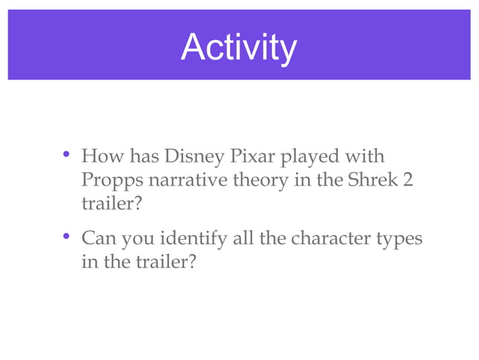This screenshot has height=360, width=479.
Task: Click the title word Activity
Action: coord(239,47)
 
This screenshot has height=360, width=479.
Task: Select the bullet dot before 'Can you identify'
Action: coord(67,238)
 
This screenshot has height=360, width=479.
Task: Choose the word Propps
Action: coord(110,181)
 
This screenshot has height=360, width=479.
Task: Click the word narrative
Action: coord(181,181)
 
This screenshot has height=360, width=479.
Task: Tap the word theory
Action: coord(255,181)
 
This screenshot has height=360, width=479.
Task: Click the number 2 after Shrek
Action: coord(408,181)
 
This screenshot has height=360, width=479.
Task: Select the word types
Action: coord(400,241)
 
